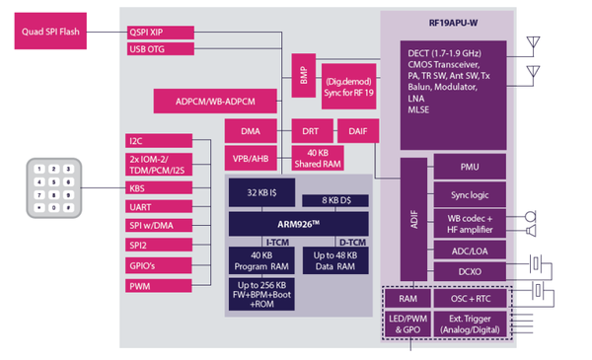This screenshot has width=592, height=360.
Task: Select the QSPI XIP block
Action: [x=160, y=31]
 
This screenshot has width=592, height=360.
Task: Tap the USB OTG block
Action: [x=160, y=48]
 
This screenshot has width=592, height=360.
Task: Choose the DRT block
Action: [x=312, y=130]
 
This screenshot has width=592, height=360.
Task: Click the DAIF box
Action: [x=357, y=130]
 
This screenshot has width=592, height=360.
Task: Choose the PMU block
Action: [x=470, y=168]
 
